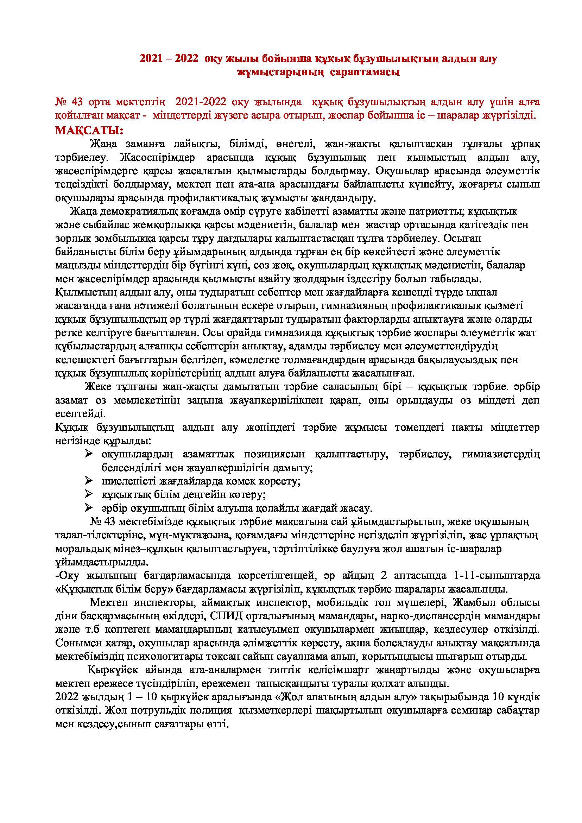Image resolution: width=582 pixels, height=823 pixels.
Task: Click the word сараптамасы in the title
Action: pyautogui.click(x=365, y=72)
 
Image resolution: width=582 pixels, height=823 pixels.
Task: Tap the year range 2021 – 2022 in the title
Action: pyautogui.click(x=169, y=59)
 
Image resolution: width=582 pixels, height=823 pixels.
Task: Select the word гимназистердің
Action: pyautogui.click(x=501, y=455)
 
